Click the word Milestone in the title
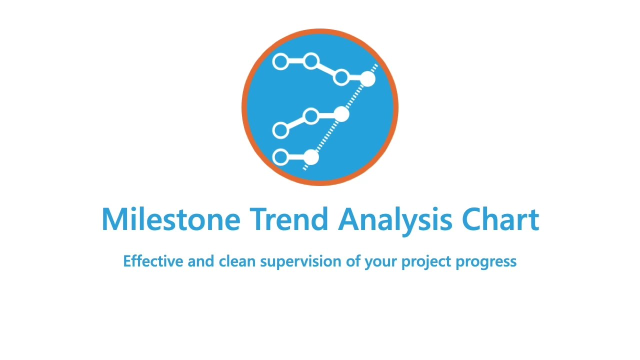click(170, 219)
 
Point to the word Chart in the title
click(500, 219)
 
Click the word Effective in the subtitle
click(153, 261)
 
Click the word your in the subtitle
click(380, 261)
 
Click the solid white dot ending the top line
click(367, 78)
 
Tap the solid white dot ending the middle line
click(341, 114)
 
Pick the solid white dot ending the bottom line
click(311, 157)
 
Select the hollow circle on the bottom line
click(280, 157)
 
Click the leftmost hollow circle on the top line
click(280, 62)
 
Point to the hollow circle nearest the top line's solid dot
click(341, 77)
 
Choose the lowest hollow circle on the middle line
click(280, 130)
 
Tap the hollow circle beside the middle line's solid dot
click(311, 116)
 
